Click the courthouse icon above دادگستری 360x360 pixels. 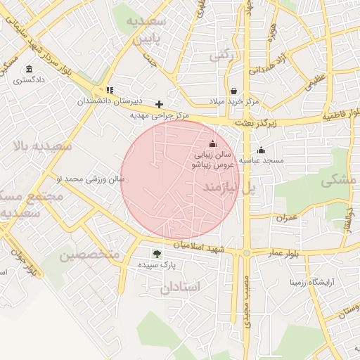[29, 69]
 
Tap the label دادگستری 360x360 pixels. [29, 80]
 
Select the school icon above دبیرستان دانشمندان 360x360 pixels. [110, 90]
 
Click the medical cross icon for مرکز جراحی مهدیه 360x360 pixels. [160, 104]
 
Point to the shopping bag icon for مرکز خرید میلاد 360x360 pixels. [233, 91]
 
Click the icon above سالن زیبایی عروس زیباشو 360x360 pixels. [213, 144]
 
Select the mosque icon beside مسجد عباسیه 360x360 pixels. [262, 150]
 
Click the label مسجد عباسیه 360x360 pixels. [262, 160]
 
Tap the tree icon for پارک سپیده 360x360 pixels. [156, 255]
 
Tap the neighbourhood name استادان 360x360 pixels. [180, 287]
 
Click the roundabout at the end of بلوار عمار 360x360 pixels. [246, 252]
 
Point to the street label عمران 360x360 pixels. [288, 218]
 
